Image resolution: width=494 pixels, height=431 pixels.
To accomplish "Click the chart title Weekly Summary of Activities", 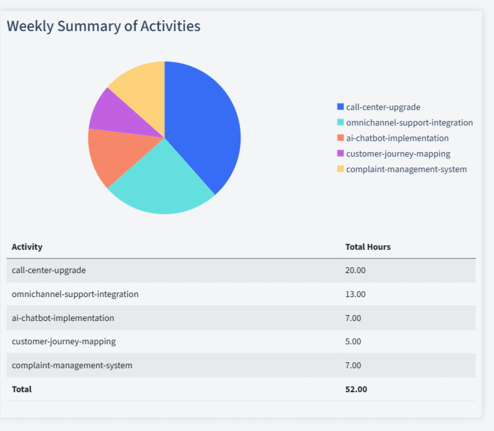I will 103,26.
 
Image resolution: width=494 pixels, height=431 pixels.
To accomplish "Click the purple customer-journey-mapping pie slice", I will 116,113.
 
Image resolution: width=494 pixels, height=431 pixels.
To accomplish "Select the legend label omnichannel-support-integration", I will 409,122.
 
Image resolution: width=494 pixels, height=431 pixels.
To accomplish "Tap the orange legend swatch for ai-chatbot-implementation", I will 341,138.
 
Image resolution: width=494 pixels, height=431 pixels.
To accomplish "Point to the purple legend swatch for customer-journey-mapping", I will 341,153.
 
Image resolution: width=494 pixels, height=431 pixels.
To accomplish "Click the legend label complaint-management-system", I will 406,169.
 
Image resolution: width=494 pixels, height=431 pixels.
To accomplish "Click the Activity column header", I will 27,247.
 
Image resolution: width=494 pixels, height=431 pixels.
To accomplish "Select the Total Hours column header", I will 368,247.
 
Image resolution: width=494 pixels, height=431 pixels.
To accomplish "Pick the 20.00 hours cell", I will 356,270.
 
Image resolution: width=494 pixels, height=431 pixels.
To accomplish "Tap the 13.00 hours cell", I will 356,294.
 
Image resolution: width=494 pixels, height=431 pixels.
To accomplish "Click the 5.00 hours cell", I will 353,341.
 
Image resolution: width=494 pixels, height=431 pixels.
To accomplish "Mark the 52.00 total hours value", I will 356,389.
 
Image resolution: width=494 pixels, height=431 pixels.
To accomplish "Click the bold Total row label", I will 21,389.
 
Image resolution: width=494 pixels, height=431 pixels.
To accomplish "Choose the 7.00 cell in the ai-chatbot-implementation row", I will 353,318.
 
